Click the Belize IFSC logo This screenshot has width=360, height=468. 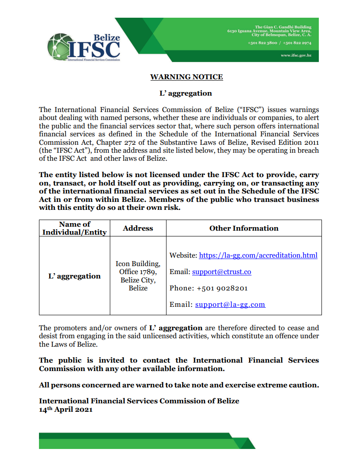(x=84, y=46)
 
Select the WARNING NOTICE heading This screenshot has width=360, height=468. (x=186, y=77)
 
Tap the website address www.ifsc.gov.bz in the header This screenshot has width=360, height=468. (x=296, y=55)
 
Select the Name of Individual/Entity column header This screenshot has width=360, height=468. (x=74, y=228)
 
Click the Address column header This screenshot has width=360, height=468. (x=138, y=228)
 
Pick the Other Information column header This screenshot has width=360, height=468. (x=244, y=228)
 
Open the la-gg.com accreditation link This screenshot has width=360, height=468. (x=258, y=255)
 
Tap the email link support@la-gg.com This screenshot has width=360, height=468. (x=230, y=305)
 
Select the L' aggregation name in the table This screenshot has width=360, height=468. (x=74, y=276)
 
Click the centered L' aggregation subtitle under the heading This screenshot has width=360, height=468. (x=186, y=93)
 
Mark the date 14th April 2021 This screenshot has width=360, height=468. (x=66, y=410)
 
